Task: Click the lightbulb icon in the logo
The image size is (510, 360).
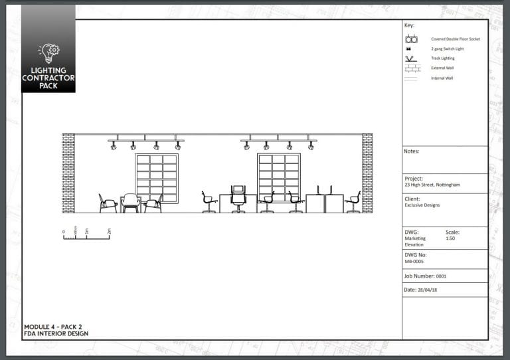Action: pyautogui.click(x=48, y=52)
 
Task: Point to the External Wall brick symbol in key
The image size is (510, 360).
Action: pyautogui.click(x=411, y=68)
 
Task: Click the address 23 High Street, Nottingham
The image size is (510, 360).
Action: pyautogui.click(x=432, y=185)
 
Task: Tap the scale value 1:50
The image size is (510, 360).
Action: pyautogui.click(x=450, y=238)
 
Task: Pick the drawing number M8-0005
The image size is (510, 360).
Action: pyautogui.click(x=414, y=261)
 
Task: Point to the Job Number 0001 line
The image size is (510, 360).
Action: pyautogui.click(x=425, y=276)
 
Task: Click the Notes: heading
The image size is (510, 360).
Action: pyautogui.click(x=411, y=151)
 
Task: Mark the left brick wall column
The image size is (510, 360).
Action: pyautogui.click(x=68, y=173)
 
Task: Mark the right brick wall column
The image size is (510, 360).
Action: pyautogui.click(x=367, y=173)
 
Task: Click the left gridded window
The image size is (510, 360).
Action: pyautogui.click(x=157, y=178)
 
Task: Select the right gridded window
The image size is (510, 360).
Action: pyautogui.click(x=279, y=177)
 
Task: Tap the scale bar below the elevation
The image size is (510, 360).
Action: pyautogui.click(x=86, y=236)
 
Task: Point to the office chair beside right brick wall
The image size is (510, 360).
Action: pyautogui.click(x=353, y=202)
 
